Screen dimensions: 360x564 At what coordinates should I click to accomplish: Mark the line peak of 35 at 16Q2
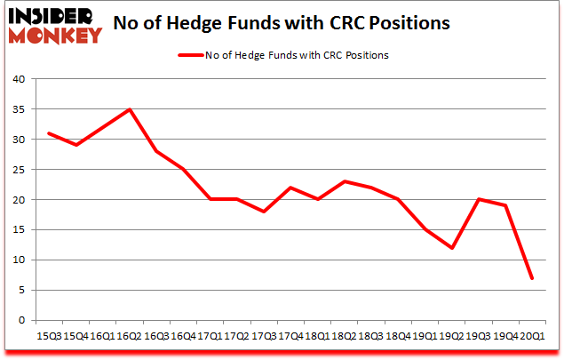[x=129, y=109]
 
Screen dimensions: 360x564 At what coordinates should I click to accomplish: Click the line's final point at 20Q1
[x=532, y=278]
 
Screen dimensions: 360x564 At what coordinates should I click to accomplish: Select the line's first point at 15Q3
[x=48, y=133]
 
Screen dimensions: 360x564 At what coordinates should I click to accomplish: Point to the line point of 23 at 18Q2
[x=344, y=181]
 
